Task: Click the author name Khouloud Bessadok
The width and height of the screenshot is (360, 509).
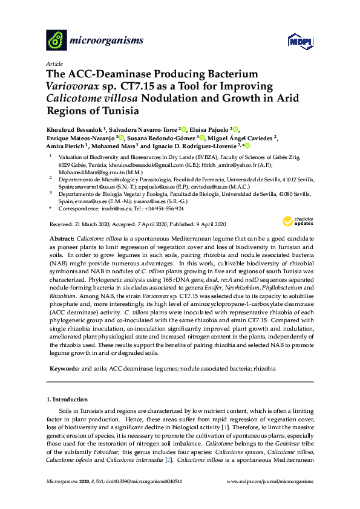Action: click(73, 129)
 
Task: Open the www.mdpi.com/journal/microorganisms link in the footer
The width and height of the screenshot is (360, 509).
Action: click(269, 482)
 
